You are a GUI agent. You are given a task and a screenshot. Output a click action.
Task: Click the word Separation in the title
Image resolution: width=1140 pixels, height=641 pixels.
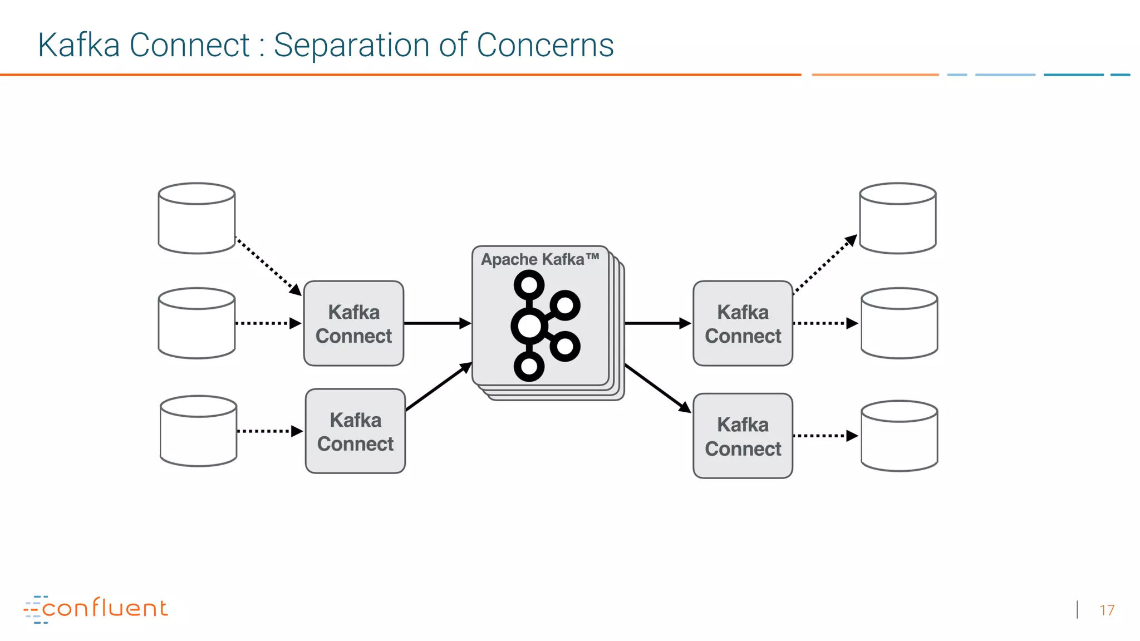(x=351, y=46)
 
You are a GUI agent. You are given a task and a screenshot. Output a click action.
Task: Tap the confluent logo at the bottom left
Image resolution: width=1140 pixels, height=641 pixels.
(x=96, y=608)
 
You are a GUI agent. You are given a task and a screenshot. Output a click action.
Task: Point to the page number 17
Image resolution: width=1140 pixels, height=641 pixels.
(x=1107, y=610)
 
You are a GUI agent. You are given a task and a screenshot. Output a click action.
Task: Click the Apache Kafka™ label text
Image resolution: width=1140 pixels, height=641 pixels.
(x=539, y=259)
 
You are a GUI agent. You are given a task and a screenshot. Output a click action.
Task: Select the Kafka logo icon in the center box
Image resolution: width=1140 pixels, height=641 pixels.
(x=544, y=326)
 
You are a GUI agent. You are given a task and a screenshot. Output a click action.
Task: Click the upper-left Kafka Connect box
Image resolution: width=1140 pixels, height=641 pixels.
(x=353, y=323)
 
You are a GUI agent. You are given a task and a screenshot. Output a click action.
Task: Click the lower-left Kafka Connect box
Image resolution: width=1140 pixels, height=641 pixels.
(x=355, y=431)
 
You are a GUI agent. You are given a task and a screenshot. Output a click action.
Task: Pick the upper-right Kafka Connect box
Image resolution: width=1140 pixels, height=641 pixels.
(x=743, y=323)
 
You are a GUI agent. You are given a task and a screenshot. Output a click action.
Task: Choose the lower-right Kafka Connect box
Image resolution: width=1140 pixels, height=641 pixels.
(x=743, y=436)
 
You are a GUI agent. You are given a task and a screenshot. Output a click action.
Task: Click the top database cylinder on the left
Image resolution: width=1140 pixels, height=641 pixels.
(x=196, y=218)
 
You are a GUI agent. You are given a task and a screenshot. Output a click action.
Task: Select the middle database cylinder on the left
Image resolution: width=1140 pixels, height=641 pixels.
(x=196, y=323)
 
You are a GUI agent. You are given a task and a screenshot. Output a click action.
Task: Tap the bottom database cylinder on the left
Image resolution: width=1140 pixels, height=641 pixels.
(x=198, y=431)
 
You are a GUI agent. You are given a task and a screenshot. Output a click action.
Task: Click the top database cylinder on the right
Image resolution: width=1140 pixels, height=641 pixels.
(x=897, y=218)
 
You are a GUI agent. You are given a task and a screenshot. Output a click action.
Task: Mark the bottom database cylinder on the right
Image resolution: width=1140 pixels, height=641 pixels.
(x=899, y=436)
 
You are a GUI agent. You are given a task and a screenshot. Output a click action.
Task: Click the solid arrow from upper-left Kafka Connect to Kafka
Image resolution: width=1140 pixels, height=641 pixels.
(x=437, y=323)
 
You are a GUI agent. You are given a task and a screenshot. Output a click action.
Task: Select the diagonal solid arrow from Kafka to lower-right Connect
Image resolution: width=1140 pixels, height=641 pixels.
(x=657, y=388)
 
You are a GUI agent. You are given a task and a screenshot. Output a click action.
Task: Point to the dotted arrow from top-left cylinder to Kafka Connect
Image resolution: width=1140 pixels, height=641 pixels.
(x=268, y=267)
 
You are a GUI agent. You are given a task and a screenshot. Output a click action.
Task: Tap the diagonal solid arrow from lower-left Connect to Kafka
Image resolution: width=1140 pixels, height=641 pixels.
(x=438, y=387)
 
